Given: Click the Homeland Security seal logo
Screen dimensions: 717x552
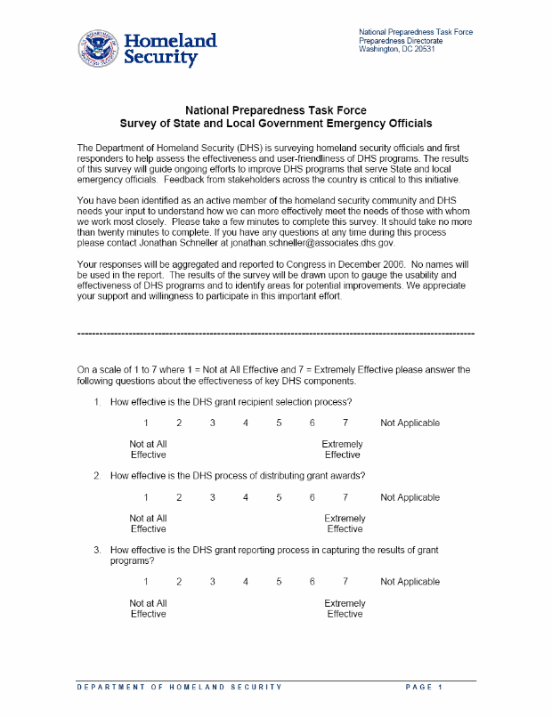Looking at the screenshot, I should point(97,49).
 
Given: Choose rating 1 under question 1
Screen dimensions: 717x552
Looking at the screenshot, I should point(146,423).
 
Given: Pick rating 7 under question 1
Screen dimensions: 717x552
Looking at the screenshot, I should point(345,423).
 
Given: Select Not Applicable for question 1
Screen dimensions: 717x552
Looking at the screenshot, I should point(410,423).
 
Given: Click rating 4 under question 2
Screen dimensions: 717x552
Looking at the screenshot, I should point(246,498).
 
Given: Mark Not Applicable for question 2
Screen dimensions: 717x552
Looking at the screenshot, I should point(410,498).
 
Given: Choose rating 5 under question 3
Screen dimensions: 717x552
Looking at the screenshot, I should point(279,583).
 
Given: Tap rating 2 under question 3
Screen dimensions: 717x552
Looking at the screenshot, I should point(179,583).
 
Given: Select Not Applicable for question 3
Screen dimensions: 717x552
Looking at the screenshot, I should point(410,583).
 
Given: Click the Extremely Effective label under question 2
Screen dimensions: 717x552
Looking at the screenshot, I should point(345,524).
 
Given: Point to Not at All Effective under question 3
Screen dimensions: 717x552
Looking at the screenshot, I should point(148,608).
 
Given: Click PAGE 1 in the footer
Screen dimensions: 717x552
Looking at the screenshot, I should point(424,688).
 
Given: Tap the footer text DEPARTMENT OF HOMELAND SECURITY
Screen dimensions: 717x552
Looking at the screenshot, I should point(179,688).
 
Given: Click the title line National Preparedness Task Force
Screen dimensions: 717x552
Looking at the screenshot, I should point(275,110).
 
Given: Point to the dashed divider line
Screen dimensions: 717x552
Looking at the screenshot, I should point(276,332).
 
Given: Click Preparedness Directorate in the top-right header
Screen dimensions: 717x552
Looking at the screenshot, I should point(401,41).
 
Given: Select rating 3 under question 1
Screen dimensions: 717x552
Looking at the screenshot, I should point(213,423).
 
